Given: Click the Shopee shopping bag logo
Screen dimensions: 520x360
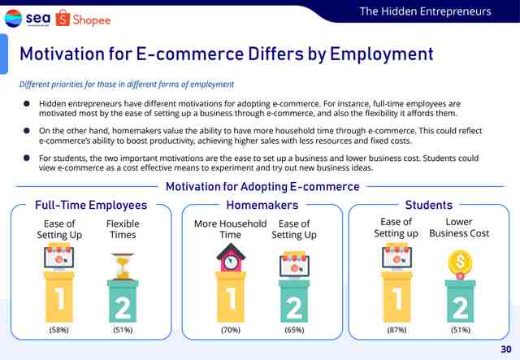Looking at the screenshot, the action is click(63, 18).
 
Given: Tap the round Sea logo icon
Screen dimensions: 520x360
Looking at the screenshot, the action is click(13, 18).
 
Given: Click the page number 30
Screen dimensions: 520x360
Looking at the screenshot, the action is click(506, 349).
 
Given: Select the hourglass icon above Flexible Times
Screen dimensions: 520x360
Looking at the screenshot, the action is click(123, 267).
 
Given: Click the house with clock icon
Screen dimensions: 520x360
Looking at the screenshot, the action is click(231, 258).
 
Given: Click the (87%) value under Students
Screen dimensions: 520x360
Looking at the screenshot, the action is click(396, 330).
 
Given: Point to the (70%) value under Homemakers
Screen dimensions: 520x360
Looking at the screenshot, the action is click(231, 330).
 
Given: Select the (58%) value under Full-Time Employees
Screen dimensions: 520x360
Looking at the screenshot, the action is click(59, 330).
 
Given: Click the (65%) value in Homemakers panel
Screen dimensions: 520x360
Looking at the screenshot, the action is click(294, 330).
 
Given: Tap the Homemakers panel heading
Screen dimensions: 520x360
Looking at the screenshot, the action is click(262, 205).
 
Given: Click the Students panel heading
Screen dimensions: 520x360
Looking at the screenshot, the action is click(429, 205).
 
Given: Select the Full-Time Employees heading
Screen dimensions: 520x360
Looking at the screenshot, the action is click(91, 205).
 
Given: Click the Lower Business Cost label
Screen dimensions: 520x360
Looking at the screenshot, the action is click(459, 228).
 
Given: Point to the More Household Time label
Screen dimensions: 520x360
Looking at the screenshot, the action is click(231, 229).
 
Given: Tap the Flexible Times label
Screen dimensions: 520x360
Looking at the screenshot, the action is click(123, 229).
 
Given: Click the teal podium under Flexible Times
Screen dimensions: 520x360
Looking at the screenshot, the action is click(123, 301).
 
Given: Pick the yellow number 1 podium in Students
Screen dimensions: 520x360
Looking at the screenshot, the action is click(396, 297).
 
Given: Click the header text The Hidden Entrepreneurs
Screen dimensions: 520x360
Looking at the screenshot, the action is click(426, 11).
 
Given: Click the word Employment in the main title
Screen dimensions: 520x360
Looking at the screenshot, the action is click(381, 54).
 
